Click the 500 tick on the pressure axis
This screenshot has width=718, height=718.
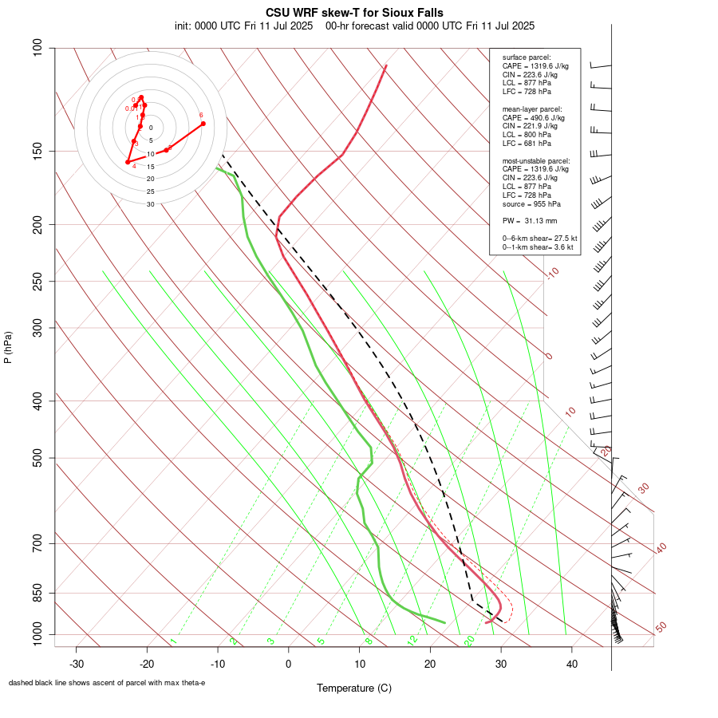click(x=38, y=458)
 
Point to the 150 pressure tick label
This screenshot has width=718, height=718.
click(x=38, y=151)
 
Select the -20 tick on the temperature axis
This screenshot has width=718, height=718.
click(x=147, y=664)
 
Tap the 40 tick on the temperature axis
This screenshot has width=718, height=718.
click(x=571, y=664)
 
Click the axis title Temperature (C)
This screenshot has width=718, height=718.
click(x=354, y=688)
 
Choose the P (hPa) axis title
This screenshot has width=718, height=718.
click(x=8, y=347)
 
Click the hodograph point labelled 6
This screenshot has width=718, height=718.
click(x=203, y=123)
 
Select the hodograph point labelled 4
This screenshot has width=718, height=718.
click(x=128, y=162)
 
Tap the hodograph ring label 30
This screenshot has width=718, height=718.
click(x=150, y=204)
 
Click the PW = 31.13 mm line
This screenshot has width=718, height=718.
click(x=530, y=221)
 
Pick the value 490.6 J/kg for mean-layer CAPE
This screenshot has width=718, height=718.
click(x=551, y=117)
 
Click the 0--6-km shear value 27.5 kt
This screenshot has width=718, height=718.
click(x=562, y=239)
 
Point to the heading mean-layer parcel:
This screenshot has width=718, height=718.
click(x=532, y=108)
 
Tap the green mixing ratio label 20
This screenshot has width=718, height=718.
click(x=470, y=641)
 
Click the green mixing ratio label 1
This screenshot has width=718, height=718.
click(x=173, y=641)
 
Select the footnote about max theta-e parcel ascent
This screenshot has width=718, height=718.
click(x=107, y=683)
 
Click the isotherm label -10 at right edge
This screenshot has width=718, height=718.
click(x=552, y=273)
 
